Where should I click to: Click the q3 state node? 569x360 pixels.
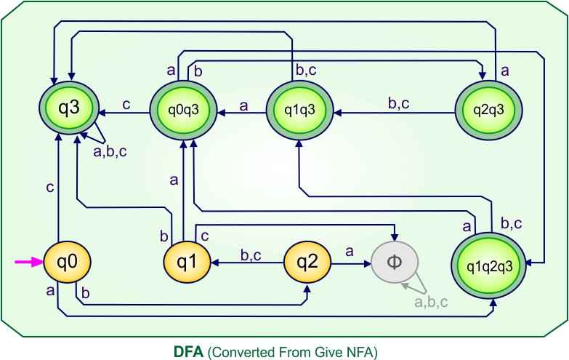[x=69, y=112]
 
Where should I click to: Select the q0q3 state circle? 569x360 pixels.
[x=184, y=112]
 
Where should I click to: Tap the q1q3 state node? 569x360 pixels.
[x=299, y=112]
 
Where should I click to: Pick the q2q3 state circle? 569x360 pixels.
[x=488, y=112]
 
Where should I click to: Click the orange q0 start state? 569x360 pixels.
[x=67, y=262]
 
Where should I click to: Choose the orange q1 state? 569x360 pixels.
[x=186, y=262]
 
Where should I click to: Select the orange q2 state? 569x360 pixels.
[x=307, y=262]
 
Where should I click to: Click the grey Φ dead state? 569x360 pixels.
[x=395, y=262]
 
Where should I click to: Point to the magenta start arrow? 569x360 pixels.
[x=28, y=263]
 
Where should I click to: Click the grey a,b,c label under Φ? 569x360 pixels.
[x=430, y=302]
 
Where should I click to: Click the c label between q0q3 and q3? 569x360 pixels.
[x=126, y=104]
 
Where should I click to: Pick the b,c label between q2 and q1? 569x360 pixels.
[x=251, y=255]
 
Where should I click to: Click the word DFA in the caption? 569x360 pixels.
[x=189, y=352]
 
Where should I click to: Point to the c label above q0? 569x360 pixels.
[x=49, y=188]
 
